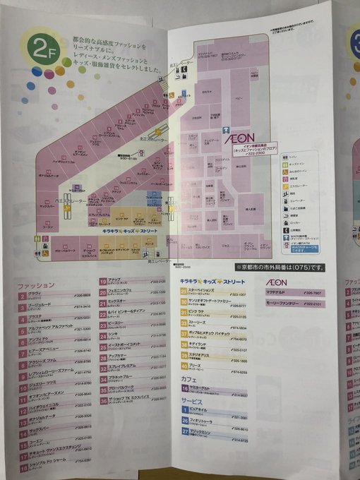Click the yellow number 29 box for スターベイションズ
[184, 292]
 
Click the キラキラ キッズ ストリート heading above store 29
[210, 282]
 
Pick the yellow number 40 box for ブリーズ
[184, 366]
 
